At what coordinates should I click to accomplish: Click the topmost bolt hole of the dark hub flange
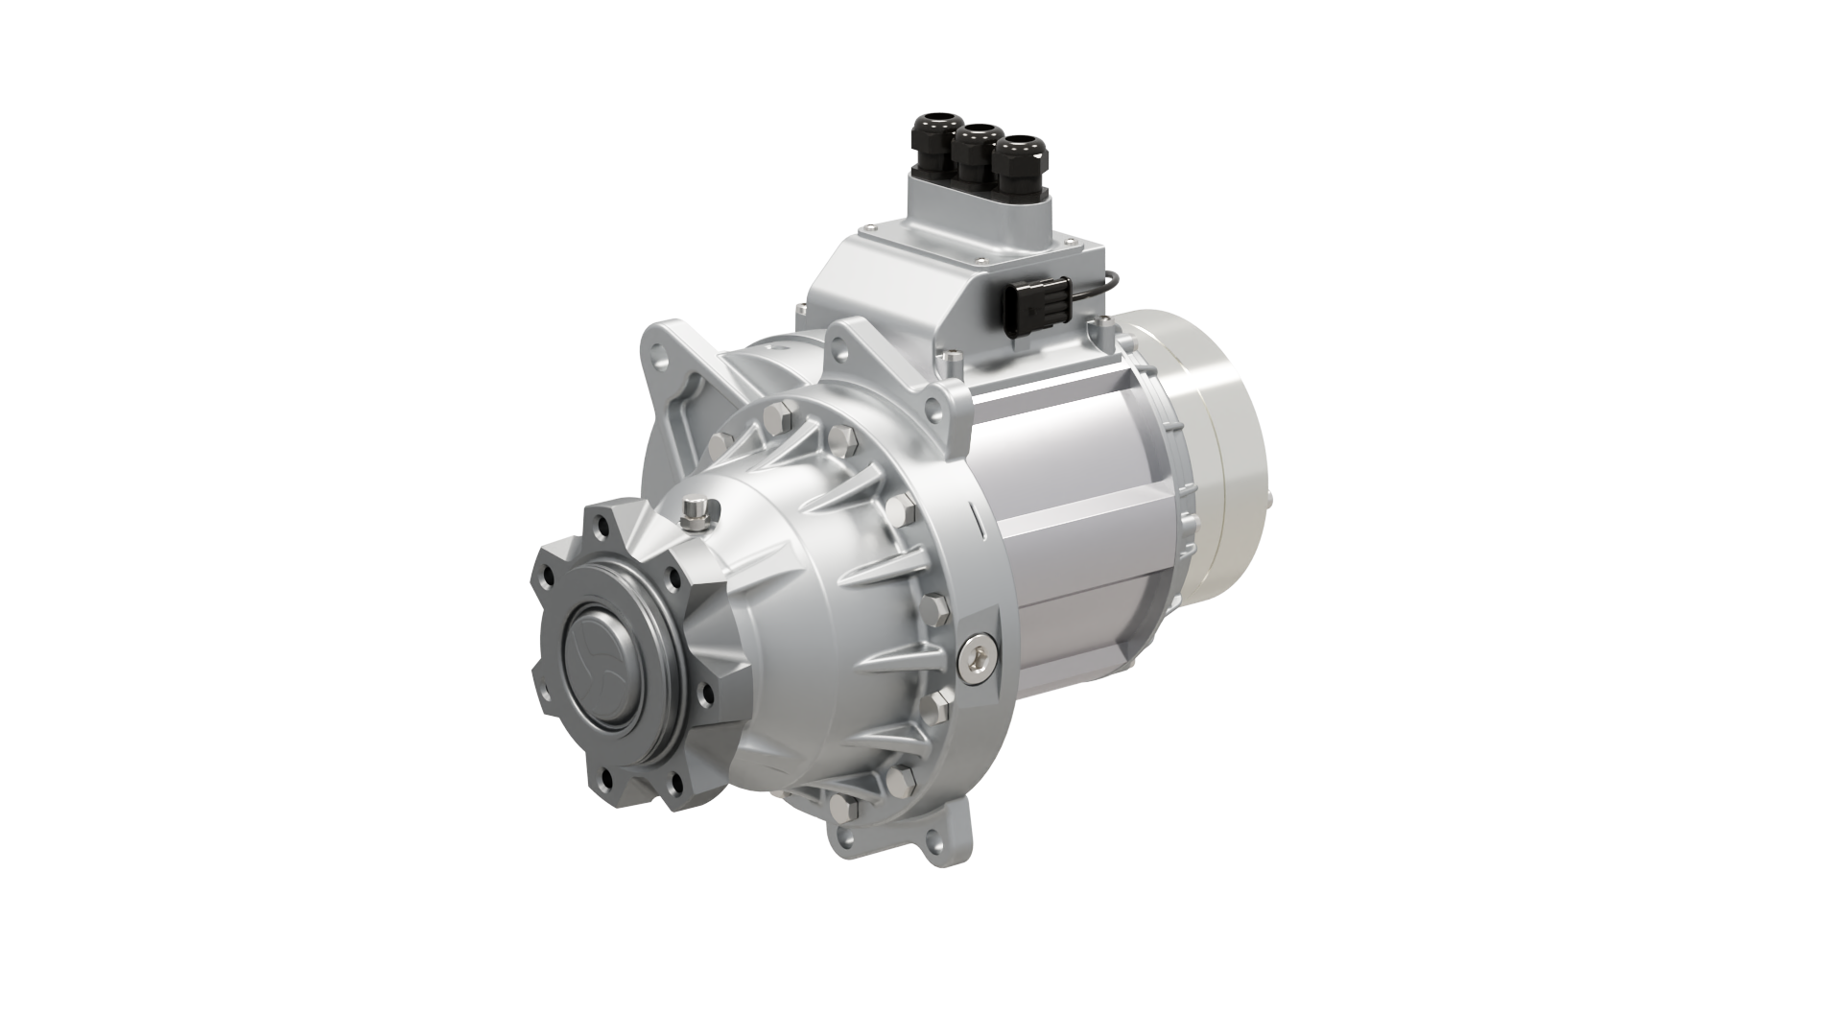coord(602,526)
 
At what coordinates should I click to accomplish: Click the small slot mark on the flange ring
coord(975,519)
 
